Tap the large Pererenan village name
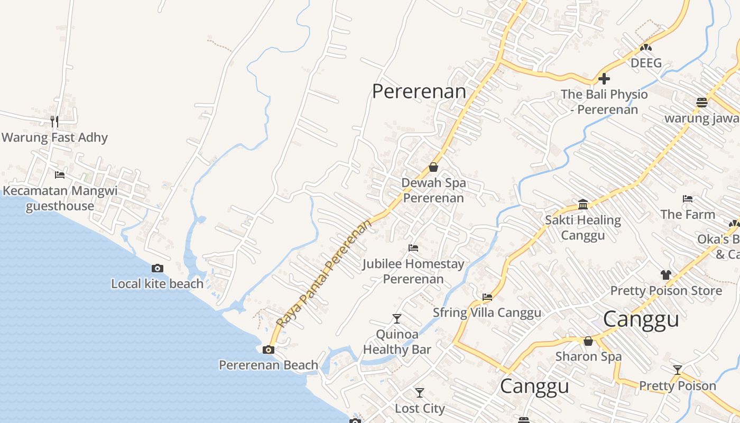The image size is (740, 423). (x=419, y=91)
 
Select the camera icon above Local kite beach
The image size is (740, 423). (x=157, y=269)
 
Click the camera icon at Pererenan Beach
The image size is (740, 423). (x=269, y=350)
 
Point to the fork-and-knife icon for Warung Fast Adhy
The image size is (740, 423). (x=54, y=122)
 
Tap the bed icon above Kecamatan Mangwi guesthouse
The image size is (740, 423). (x=60, y=175)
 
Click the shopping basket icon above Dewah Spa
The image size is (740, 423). (x=433, y=167)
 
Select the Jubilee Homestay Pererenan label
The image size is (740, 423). (x=413, y=271)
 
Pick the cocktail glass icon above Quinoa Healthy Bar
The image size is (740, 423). (x=397, y=318)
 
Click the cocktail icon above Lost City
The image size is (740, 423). (x=420, y=393)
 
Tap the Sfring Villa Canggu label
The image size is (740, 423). (x=487, y=312)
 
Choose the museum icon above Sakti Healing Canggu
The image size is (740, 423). (x=583, y=204)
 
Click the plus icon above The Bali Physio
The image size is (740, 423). (x=604, y=79)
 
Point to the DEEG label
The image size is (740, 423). (x=646, y=63)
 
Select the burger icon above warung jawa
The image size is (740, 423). (x=702, y=102)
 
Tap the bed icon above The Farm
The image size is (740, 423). (x=688, y=199)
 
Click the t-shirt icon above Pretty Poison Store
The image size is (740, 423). (x=665, y=275)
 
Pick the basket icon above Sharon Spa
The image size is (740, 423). (x=588, y=341)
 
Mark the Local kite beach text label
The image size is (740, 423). (x=157, y=284)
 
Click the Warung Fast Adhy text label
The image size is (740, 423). (x=54, y=138)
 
